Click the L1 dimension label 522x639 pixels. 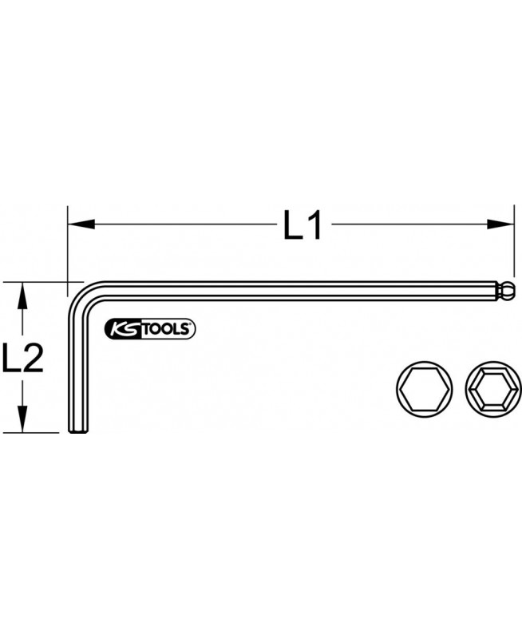tap(303, 224)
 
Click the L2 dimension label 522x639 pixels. tap(23, 357)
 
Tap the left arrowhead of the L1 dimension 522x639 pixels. tap(81, 224)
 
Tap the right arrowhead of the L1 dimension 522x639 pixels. tap(499, 224)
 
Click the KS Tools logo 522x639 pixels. tap(150, 329)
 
